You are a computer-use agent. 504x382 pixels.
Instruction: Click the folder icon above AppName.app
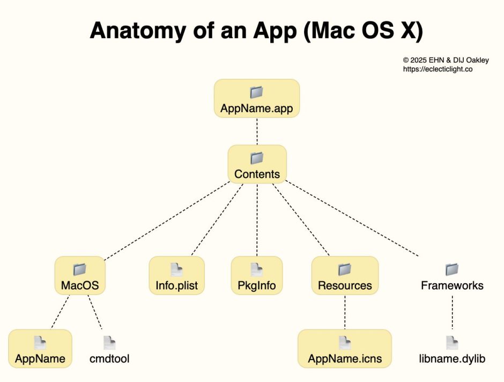pos(257,92)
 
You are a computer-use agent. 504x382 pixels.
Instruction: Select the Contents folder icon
pos(257,158)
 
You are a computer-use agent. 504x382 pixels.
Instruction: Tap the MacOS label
pos(80,285)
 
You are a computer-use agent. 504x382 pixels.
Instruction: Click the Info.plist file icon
pos(176,270)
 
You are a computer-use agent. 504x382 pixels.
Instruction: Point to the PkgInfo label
pos(257,285)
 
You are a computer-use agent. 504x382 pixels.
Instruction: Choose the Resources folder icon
pos(345,269)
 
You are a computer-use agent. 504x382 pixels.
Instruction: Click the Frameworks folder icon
pos(452,269)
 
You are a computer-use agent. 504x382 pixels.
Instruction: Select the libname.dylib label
pos(452,358)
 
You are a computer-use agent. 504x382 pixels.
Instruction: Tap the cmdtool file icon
pos(109,343)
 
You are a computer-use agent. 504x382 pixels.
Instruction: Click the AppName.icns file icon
pos(345,343)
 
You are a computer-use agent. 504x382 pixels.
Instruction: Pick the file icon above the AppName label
pos(40,343)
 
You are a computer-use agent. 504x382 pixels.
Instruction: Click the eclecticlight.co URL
pos(438,69)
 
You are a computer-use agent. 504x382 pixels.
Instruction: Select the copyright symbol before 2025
pos(406,60)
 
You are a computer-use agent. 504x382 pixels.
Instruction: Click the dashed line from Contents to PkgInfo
pos(257,220)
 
